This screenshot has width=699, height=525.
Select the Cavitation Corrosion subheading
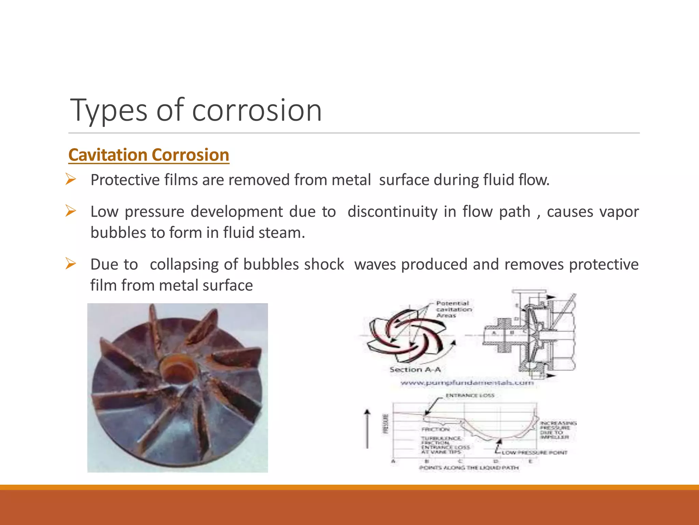[148, 155]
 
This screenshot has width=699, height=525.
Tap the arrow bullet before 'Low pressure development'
[70, 211]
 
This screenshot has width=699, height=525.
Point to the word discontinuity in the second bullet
[392, 212]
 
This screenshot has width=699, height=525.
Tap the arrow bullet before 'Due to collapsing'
[70, 264]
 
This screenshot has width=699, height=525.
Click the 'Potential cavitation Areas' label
[454, 309]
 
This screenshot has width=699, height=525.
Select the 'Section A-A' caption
[415, 369]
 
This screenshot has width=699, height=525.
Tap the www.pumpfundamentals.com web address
[467, 383]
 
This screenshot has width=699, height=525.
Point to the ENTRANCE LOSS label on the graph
[470, 395]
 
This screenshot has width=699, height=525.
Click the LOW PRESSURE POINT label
[534, 453]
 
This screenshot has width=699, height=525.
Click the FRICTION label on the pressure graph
[435, 429]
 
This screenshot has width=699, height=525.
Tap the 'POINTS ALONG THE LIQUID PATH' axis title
[469, 468]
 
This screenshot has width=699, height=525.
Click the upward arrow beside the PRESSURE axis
[367, 429]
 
